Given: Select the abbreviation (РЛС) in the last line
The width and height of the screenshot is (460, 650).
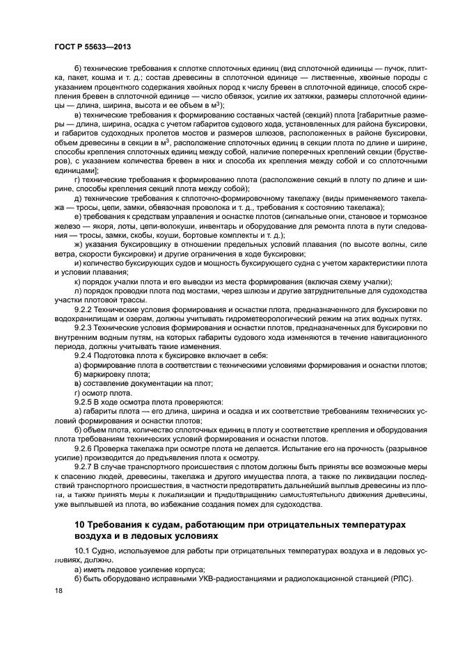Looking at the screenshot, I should click(x=399, y=579).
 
